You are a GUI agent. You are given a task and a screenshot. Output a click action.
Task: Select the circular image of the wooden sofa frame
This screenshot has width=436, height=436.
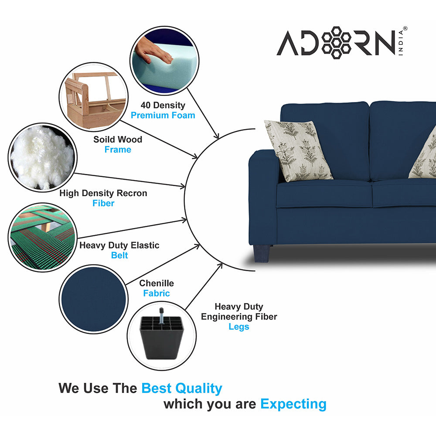tap(93, 97)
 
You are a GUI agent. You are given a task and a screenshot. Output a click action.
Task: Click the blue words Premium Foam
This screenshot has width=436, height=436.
tap(163, 116)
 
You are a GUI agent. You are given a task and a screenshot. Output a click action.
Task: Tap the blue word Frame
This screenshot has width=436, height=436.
tap(118, 150)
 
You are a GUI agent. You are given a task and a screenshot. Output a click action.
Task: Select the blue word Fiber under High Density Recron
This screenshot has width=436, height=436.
tap(103, 203)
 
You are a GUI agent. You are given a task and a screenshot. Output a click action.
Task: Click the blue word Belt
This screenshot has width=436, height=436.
tap(119, 255)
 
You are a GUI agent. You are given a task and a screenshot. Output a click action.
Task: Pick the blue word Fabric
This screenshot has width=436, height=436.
tap(157, 293)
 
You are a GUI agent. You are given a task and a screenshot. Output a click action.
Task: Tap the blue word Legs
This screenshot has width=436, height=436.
tap(239, 327)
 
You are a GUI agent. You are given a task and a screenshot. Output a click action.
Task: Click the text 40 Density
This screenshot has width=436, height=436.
tap(163, 105)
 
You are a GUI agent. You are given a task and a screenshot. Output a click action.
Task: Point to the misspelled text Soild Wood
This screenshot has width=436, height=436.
tap(118, 140)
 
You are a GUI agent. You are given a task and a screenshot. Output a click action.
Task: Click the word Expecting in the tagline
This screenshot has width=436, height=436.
tap(293, 404)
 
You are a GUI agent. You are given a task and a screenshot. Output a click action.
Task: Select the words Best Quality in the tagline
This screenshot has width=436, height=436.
tap(182, 388)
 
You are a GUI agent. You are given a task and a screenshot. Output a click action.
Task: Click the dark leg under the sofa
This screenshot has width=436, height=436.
tap(262, 253)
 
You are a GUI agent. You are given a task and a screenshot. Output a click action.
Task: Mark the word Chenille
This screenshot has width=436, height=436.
tap(157, 283)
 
